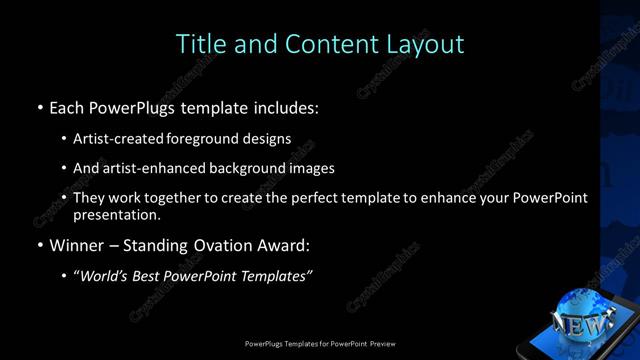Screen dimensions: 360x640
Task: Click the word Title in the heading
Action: (x=200, y=44)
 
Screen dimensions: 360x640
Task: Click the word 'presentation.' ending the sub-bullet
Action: (x=117, y=214)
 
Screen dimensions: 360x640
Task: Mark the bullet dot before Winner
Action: (x=39, y=244)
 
